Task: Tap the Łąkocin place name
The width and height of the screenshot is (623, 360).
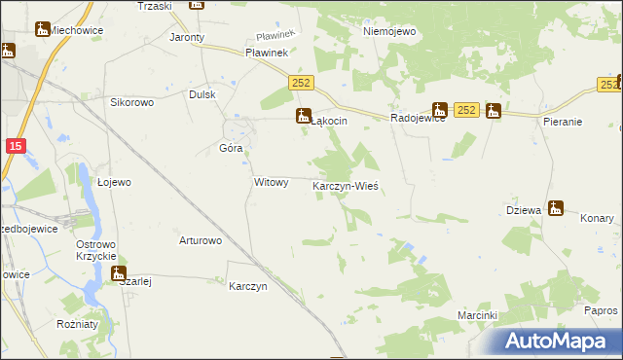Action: (329, 121)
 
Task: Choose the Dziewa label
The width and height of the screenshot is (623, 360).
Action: (524, 210)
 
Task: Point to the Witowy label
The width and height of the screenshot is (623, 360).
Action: (271, 182)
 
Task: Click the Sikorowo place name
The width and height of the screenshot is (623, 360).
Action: (133, 101)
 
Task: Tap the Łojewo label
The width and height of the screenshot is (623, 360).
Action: (115, 181)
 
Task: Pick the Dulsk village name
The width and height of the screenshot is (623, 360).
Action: (202, 94)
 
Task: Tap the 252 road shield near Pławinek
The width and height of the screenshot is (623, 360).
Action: (300, 88)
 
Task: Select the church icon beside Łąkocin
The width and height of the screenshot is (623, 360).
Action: (303, 116)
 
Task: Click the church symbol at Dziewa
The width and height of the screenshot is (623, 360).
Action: (556, 207)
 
